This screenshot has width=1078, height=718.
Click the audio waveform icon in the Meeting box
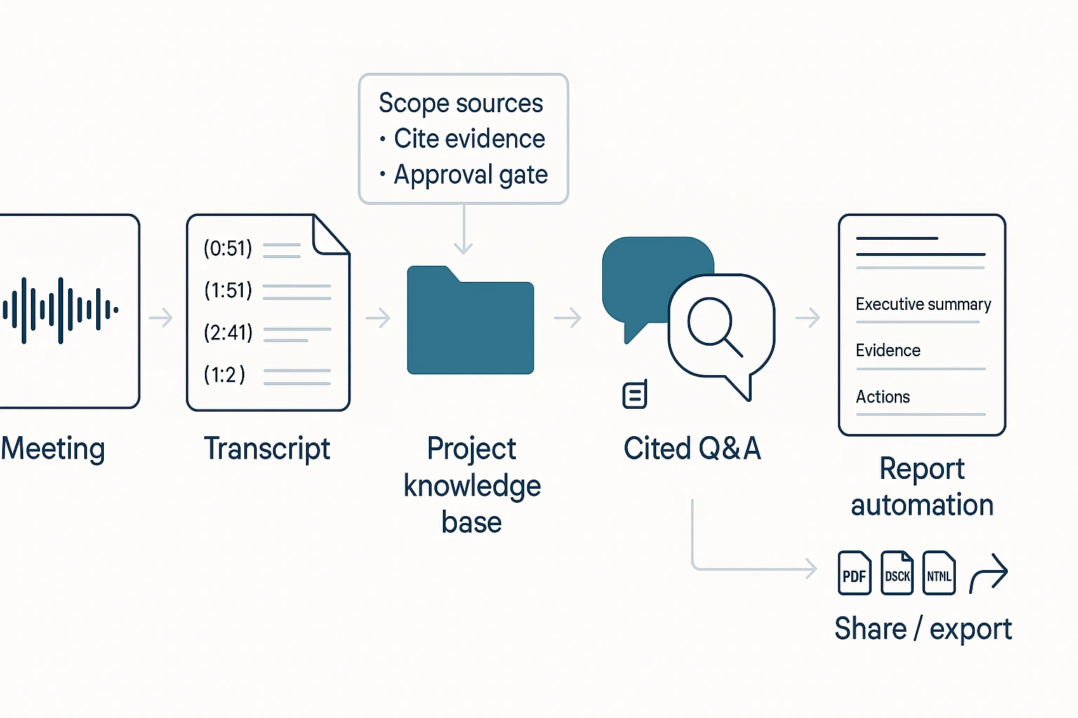point(60,310)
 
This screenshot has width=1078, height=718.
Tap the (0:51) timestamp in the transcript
point(228,248)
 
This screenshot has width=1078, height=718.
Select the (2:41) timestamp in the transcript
point(228,332)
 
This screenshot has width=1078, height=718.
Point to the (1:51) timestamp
point(228,290)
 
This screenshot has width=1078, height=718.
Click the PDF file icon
point(854,574)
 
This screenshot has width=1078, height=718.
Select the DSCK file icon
point(897,574)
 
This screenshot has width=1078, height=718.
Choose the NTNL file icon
point(939,574)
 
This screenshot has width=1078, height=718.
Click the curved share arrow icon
point(989,574)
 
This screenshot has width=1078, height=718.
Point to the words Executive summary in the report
point(923,304)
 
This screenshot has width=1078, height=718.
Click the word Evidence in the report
point(888,351)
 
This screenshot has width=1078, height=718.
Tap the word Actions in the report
point(883,397)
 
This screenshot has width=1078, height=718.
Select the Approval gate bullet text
point(470,175)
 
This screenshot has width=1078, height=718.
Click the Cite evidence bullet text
point(469,139)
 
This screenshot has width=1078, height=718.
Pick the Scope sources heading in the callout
point(460,103)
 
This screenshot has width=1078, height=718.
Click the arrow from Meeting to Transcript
point(161,318)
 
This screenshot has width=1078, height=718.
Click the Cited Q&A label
point(692,449)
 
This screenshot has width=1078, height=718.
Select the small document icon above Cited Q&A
point(634,395)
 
